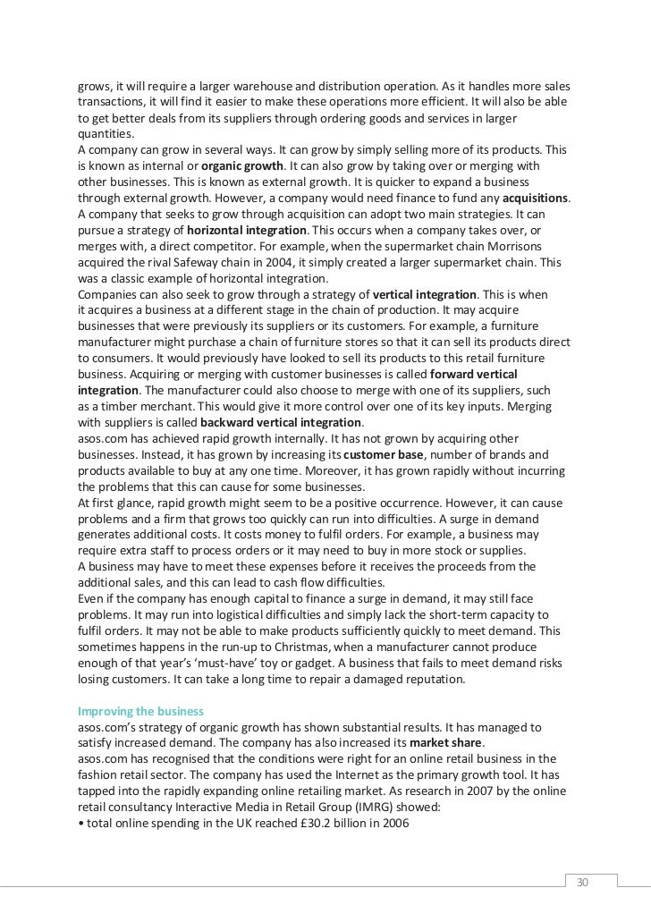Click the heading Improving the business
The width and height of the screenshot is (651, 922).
pos(140,711)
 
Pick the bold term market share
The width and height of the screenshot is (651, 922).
pos(445,743)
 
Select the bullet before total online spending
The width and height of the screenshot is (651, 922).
pos(80,823)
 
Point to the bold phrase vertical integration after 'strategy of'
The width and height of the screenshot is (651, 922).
pos(426,293)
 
